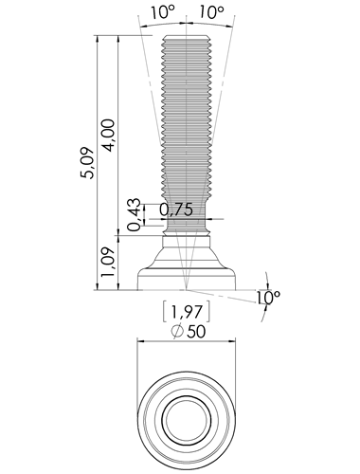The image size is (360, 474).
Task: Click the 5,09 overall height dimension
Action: pyautogui.click(x=87, y=163)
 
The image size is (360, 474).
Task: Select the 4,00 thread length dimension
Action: pyautogui.click(x=108, y=136)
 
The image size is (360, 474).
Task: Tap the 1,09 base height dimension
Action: pyautogui.click(x=107, y=263)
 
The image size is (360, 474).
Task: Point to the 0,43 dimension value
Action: pyautogui.click(x=135, y=215)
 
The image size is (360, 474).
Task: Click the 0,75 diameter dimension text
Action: pyautogui.click(x=176, y=210)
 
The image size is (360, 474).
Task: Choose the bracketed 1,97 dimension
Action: pyautogui.click(x=187, y=312)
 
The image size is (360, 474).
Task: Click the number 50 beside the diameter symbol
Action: pyautogui.click(x=196, y=332)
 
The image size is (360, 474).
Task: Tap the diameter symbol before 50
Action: pyautogui.click(x=177, y=332)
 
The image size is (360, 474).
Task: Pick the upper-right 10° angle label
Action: pyautogui.click(x=211, y=12)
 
